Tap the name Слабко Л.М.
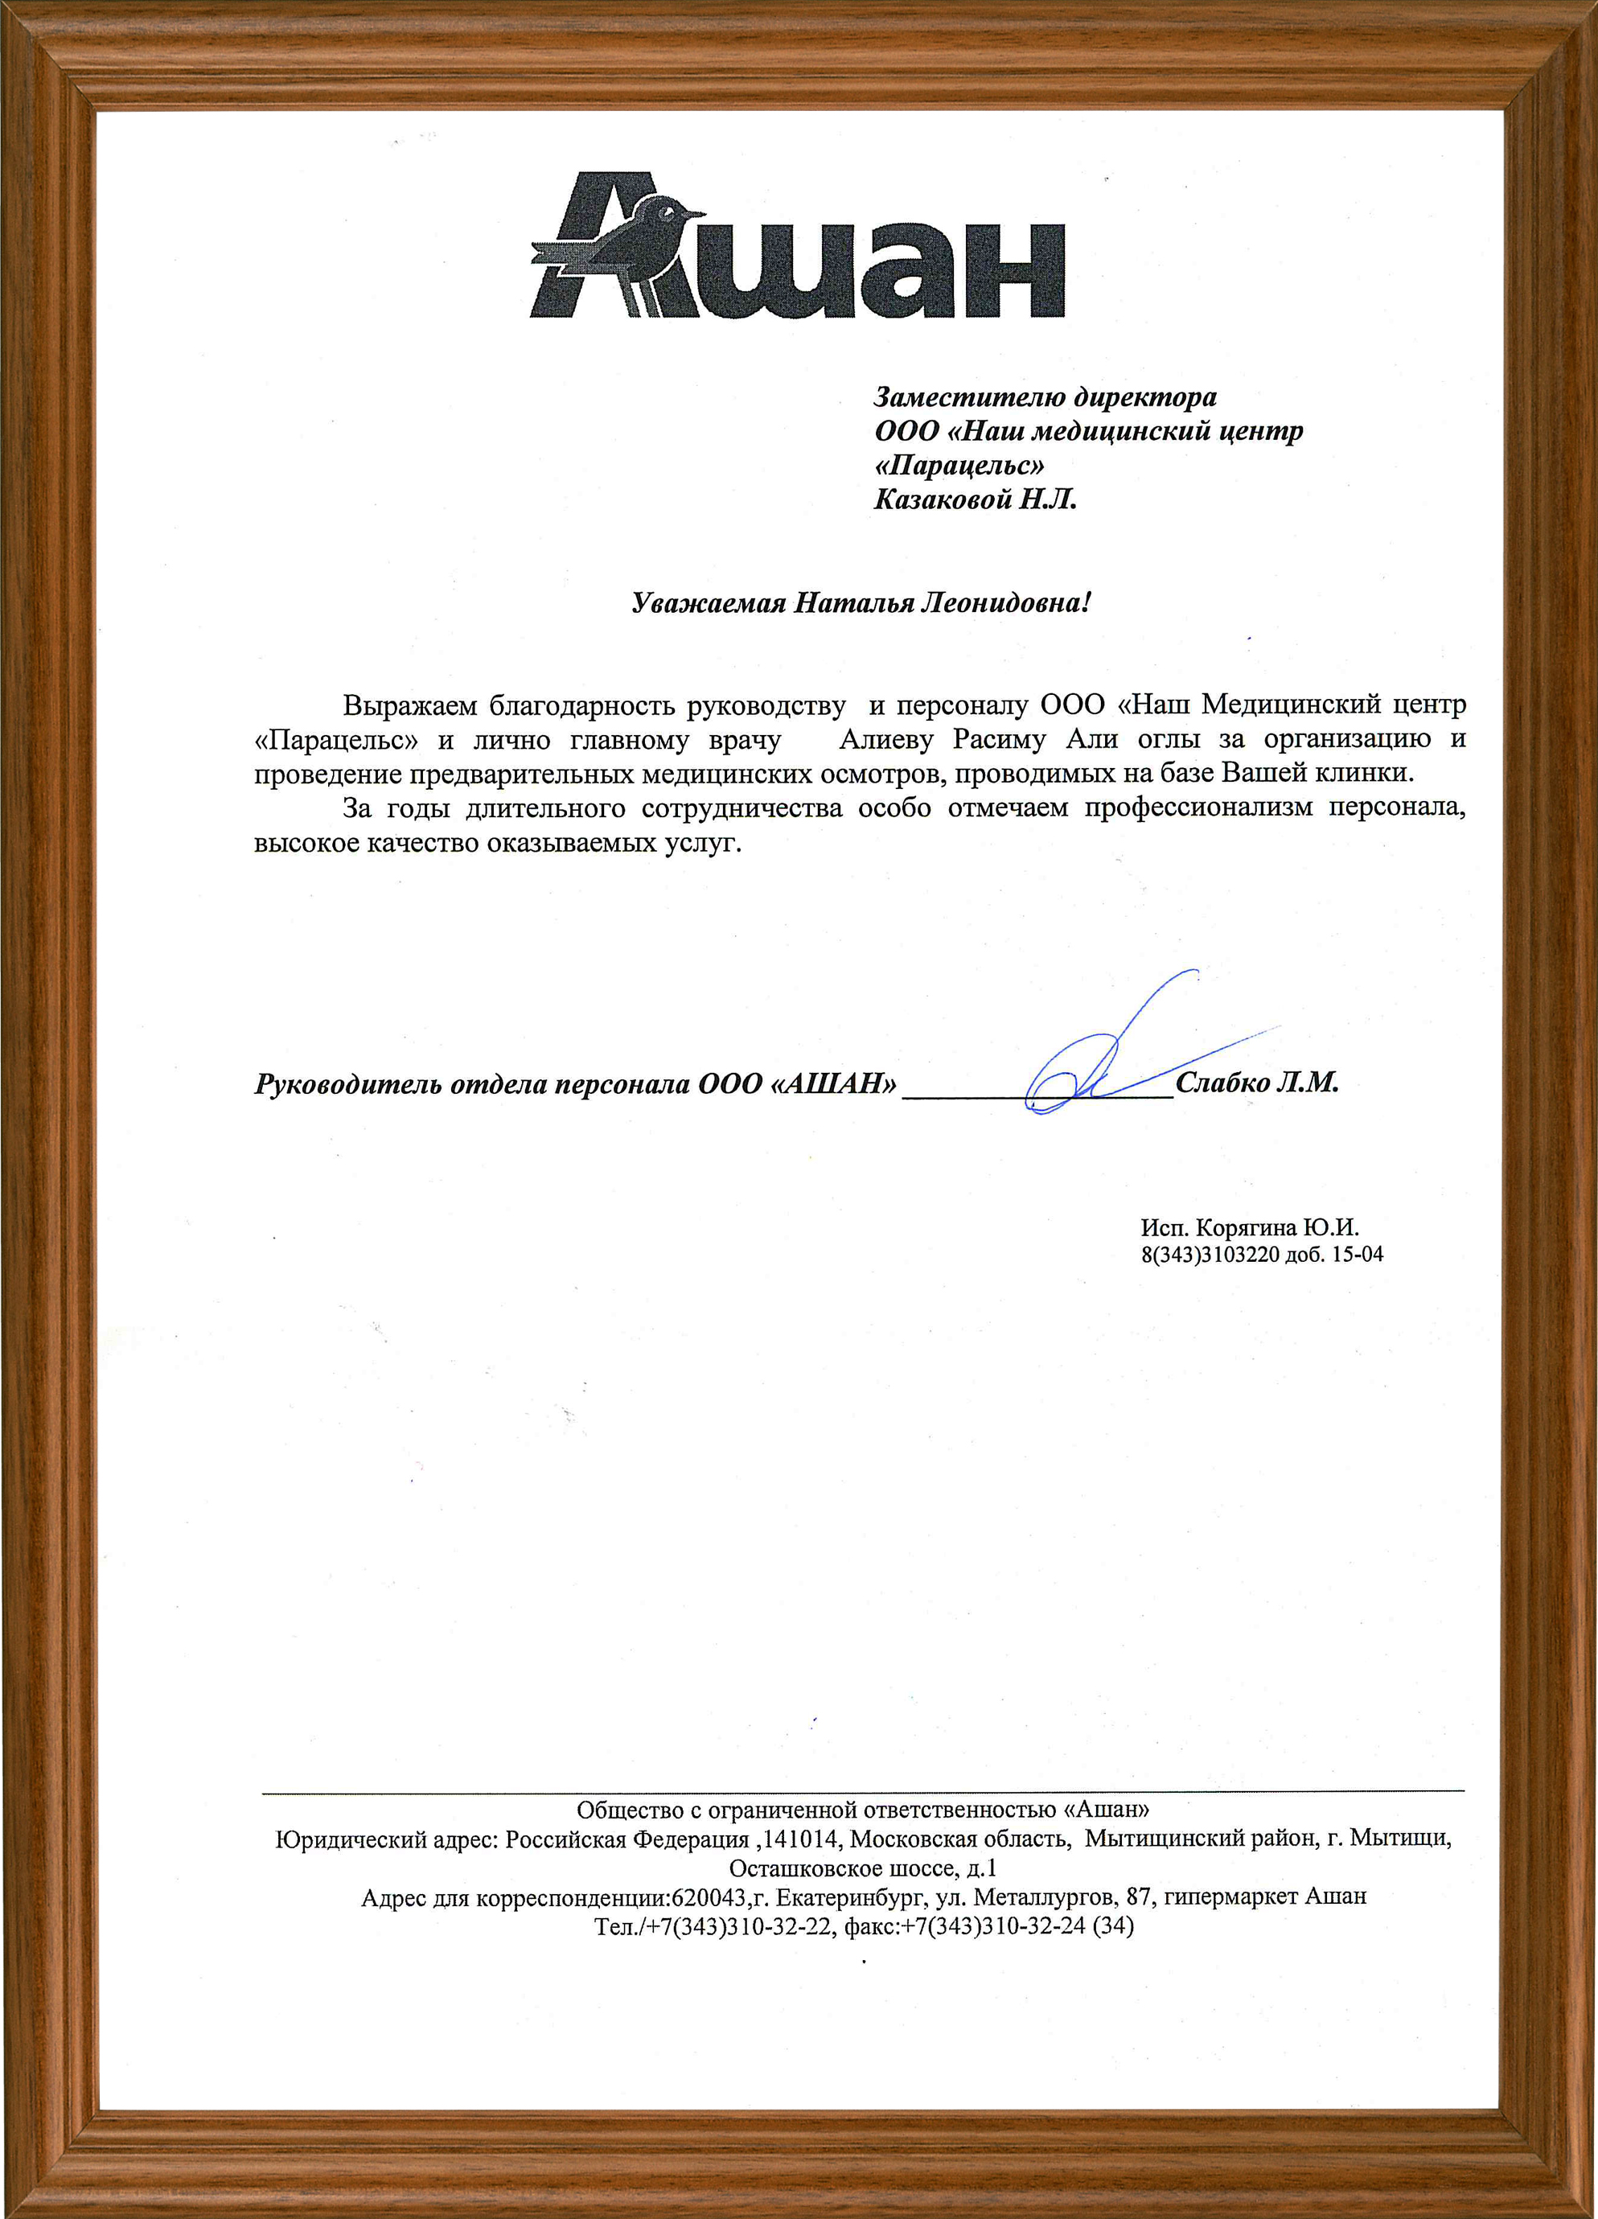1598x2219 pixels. click(1256, 1083)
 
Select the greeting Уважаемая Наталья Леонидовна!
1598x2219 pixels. click(861, 602)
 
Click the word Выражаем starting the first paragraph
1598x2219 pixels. click(409, 705)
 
